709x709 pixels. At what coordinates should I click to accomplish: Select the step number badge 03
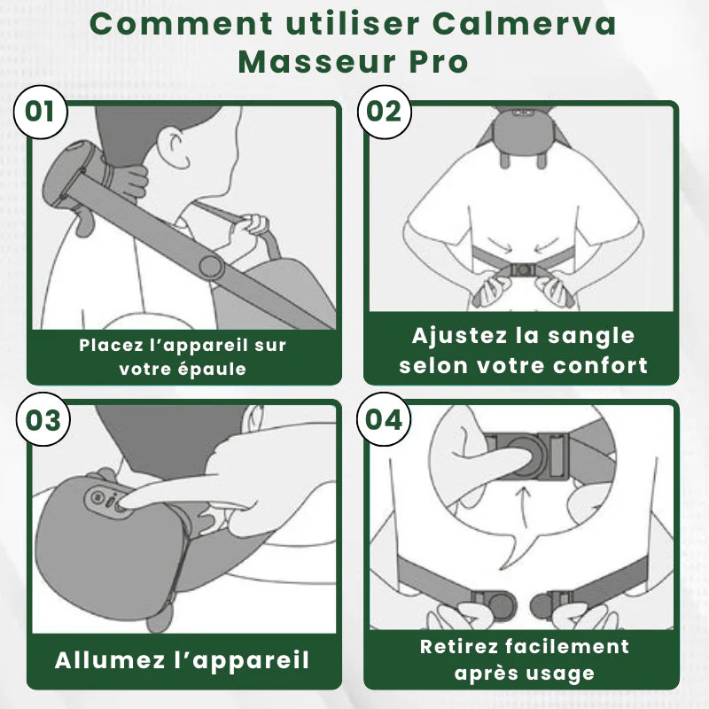tap(40, 419)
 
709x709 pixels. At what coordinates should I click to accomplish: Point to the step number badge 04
tap(384, 419)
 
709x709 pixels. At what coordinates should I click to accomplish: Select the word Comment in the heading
tap(166, 24)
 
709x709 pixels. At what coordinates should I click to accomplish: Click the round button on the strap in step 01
tap(210, 266)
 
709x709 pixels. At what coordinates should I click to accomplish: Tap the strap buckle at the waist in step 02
tap(523, 268)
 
